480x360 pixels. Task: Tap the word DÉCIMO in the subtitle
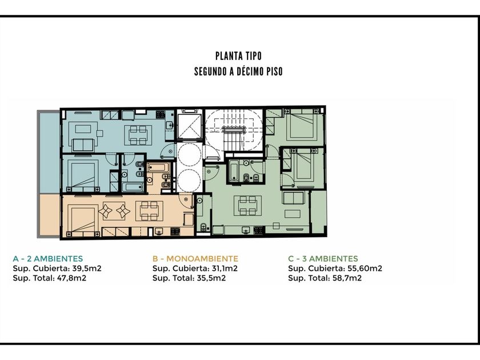(247, 71)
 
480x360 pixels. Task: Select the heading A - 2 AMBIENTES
(48, 259)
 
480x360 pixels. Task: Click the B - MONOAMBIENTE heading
(195, 259)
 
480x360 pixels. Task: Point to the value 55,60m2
(365, 269)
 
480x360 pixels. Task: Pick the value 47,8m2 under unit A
(71, 278)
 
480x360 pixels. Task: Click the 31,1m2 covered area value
(225, 269)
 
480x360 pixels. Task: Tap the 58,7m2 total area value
(347, 278)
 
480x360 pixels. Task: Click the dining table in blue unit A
(138, 135)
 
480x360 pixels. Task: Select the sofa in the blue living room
(83, 145)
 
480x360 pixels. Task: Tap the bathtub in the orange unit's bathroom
(158, 168)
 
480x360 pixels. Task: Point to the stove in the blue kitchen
(161, 114)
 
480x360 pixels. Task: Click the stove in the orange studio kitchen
(175, 231)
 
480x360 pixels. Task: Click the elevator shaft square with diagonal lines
(190, 126)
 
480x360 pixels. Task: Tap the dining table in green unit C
(247, 206)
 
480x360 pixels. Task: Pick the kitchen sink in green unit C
(246, 230)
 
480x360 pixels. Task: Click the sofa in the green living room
(293, 198)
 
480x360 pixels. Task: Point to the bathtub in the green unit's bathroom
(234, 170)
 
